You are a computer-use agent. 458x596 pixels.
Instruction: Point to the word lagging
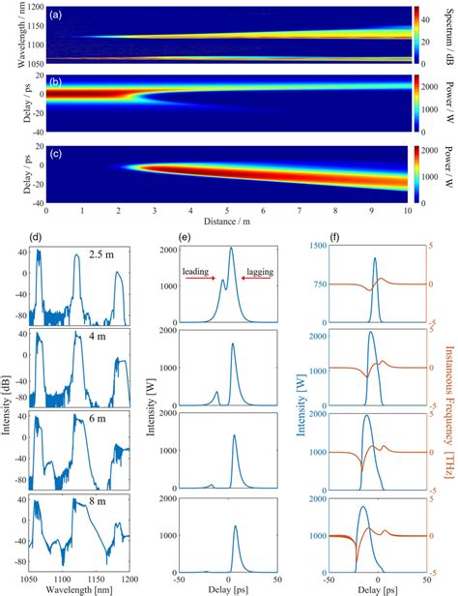(x=256, y=271)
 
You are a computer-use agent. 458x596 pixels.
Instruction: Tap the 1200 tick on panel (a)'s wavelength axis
(x=30, y=7)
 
